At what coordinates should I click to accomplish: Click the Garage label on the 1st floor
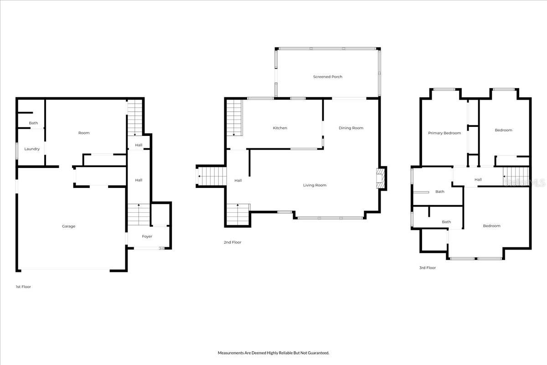coord(69,226)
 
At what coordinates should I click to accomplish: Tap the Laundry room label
coord(32,149)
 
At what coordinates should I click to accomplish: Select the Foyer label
coord(147,236)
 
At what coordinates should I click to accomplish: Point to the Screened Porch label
coord(327,77)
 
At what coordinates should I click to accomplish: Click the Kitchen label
coord(280,128)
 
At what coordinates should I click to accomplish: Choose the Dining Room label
coord(351,128)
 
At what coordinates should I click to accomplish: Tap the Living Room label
coord(315,185)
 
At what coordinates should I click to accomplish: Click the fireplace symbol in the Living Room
coord(380,178)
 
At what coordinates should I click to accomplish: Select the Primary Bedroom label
coord(444,133)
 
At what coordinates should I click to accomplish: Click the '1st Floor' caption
coord(23,287)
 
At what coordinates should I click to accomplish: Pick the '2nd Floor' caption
coord(232,242)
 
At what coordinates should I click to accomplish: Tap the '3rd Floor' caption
coord(428,268)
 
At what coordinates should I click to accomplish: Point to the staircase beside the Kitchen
coord(234,118)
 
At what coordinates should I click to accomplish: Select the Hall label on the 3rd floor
coord(478,180)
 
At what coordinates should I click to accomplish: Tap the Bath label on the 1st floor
coord(33,123)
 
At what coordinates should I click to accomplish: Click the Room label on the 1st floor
coord(84,133)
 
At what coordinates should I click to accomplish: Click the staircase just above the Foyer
coord(139,214)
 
